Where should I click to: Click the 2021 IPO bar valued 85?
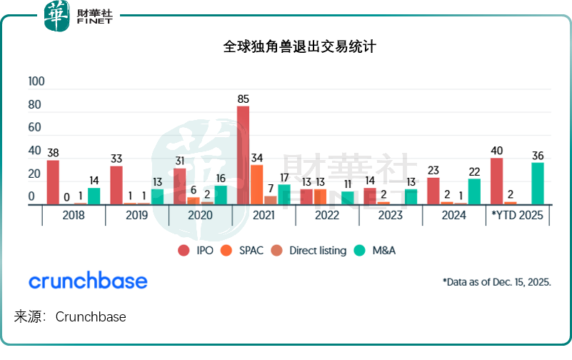pos(244,155)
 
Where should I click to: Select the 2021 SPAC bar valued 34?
pos(257,184)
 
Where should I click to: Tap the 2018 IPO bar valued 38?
pos(53,182)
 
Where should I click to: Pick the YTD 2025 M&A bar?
pos(538,184)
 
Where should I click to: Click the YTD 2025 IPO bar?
pos(497,181)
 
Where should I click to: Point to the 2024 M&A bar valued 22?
pos(474,191)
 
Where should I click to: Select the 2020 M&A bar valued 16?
pos(221,195)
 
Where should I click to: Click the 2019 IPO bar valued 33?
pos(116,185)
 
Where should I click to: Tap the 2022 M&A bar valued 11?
pos(347,198)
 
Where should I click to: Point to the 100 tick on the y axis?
pos(36,81)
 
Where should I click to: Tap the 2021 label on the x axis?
pos(264,215)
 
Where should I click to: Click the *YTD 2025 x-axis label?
pos(518,215)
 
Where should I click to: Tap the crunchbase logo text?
pos(88,281)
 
